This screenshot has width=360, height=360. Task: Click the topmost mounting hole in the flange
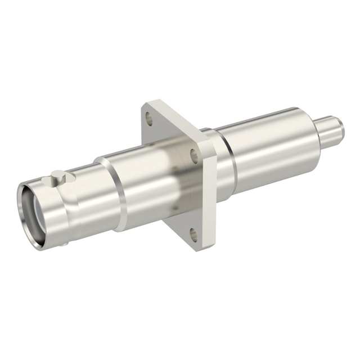[x=148, y=118]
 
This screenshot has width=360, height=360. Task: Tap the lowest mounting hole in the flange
[x=194, y=234]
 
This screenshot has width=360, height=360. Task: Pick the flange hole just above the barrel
[x=193, y=153]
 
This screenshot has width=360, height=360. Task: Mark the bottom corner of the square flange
[x=198, y=248]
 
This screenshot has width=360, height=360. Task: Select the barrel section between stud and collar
[x=84, y=197]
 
